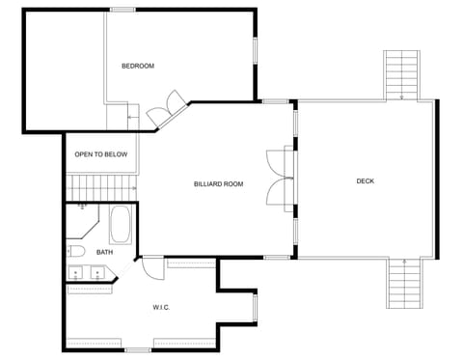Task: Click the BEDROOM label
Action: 137,66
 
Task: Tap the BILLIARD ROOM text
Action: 218,183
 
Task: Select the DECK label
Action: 365,180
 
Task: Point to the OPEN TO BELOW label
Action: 101,154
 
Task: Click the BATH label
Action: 104,252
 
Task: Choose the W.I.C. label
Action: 161,308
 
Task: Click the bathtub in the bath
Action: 121,225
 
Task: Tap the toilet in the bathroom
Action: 77,252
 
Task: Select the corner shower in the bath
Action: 82,220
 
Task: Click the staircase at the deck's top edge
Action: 401,74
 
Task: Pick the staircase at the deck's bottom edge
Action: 404,284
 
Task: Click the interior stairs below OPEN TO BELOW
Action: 101,185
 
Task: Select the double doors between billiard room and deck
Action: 282,180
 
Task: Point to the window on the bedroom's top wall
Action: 123,9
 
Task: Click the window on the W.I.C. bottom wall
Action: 138,349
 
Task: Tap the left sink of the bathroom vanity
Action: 76,275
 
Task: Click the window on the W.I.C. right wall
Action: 255,308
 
